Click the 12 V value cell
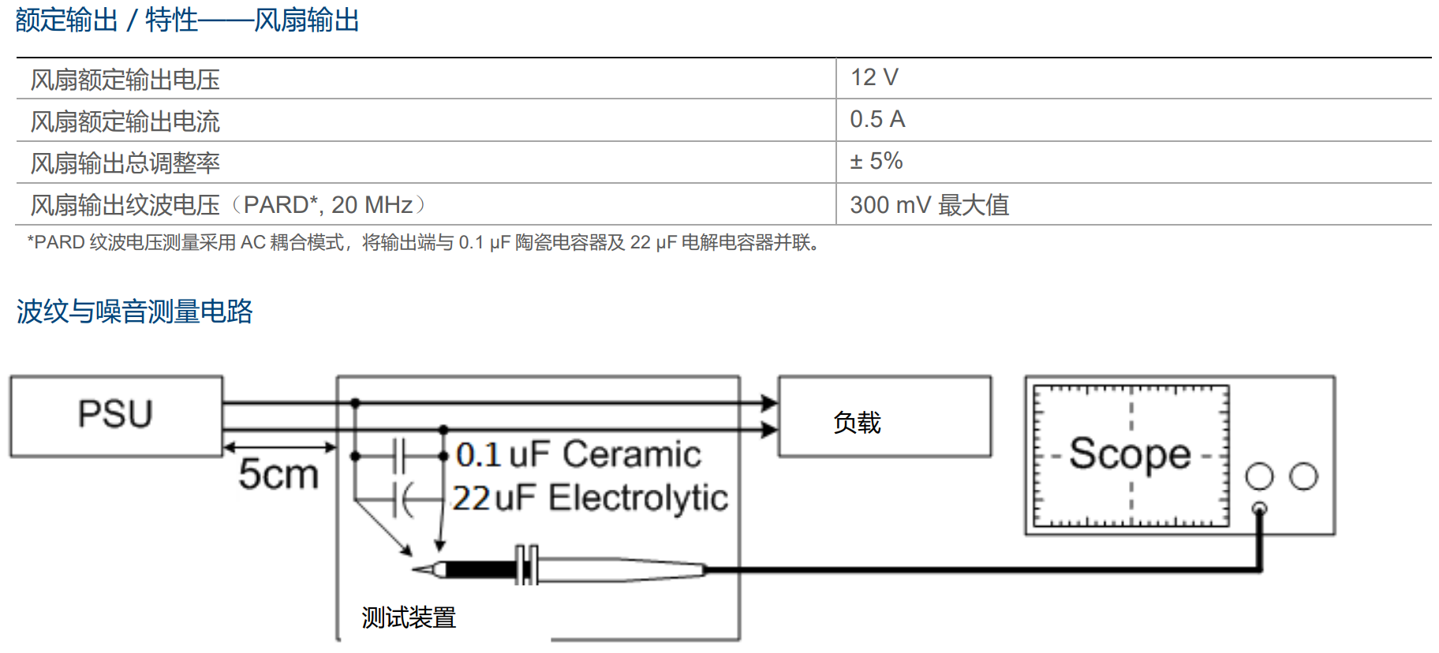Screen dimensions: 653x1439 874,77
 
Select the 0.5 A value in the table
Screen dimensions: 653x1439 877,119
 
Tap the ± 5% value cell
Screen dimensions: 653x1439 876,161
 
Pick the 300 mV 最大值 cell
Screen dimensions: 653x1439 929,205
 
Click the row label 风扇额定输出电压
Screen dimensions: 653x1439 125,80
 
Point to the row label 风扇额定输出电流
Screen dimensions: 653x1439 125,121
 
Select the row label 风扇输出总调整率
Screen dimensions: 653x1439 125,163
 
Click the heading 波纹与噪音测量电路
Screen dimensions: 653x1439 134,312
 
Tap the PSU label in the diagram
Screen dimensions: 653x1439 115,414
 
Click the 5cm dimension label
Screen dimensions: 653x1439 278,474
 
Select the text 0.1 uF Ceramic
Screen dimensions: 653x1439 578,454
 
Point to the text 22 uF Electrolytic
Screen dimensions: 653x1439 590,498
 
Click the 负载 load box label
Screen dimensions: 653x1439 857,423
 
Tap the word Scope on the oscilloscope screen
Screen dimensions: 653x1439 1130,454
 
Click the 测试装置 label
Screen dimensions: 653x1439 409,618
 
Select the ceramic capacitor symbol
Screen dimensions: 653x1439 398,456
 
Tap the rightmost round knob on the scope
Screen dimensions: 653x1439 1303,476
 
